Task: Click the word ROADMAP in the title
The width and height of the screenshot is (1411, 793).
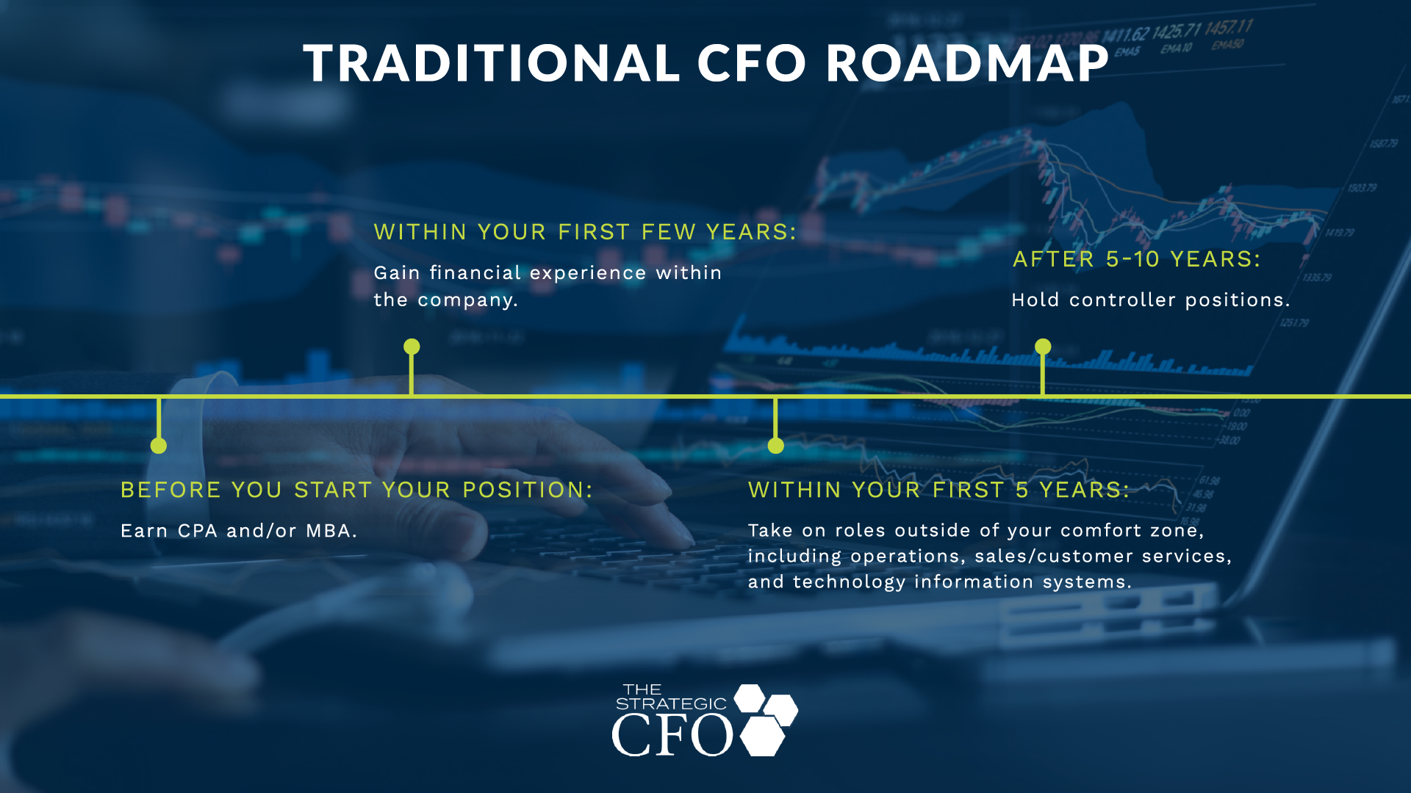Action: click(967, 63)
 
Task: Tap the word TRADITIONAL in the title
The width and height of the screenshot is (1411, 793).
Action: click(492, 63)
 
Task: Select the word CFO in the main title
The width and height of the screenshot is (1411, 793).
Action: click(752, 63)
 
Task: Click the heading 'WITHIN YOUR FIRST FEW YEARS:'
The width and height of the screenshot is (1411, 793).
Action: click(585, 232)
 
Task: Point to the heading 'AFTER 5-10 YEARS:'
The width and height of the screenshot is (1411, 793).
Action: click(1137, 259)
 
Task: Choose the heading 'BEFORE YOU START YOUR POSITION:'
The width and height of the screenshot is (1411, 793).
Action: click(356, 490)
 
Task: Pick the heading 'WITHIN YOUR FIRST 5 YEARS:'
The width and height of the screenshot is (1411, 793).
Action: click(938, 490)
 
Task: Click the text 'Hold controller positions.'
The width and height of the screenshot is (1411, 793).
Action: click(1151, 300)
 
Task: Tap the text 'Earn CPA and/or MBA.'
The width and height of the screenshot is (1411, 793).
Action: click(239, 531)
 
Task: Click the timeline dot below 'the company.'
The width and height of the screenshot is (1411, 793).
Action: click(412, 347)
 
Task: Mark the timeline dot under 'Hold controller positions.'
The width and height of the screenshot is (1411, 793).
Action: click(1043, 347)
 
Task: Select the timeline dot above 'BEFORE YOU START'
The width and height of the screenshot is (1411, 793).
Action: click(159, 446)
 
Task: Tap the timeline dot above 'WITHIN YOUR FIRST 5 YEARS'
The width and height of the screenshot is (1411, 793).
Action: click(776, 446)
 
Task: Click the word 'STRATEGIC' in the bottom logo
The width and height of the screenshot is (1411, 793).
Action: click(671, 703)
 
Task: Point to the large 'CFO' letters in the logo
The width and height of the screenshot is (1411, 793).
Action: click(672, 735)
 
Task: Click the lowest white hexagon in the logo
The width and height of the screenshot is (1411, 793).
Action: click(763, 736)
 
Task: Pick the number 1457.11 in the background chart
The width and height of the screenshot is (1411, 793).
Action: click(1229, 29)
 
